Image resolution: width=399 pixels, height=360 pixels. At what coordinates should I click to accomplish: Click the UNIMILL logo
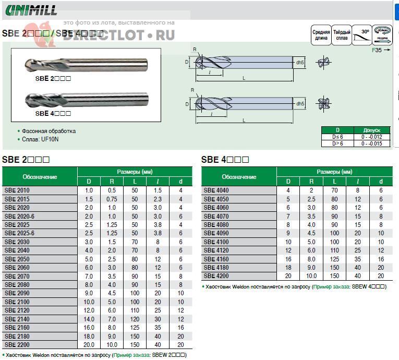(x=31, y=10)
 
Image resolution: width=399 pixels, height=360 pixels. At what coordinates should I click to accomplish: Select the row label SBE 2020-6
(x=19, y=216)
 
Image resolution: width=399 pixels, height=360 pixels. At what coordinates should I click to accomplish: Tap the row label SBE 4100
(x=216, y=242)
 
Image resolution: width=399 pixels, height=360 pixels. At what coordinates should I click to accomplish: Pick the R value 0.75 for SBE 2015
(x=112, y=199)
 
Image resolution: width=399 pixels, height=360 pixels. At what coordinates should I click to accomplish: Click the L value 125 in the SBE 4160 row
(x=334, y=259)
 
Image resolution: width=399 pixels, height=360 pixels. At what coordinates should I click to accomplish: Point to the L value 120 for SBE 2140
(x=135, y=319)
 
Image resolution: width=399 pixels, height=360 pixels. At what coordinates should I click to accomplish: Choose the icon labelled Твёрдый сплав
(x=342, y=35)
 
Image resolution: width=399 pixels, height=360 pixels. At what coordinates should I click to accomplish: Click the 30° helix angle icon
(x=362, y=35)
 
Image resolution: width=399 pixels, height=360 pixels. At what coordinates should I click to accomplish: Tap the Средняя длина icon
(x=321, y=35)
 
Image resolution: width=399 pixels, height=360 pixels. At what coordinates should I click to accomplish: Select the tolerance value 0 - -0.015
(x=372, y=143)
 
